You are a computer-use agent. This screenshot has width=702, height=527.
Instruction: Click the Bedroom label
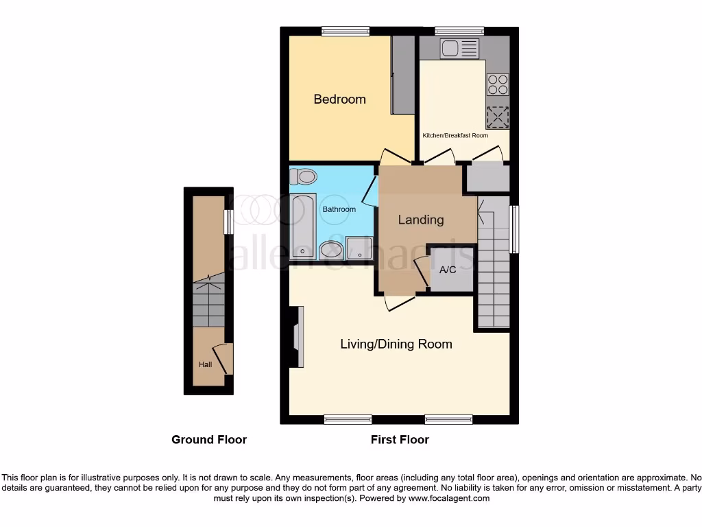[339, 99]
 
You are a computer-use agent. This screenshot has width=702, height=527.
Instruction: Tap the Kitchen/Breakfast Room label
[455, 136]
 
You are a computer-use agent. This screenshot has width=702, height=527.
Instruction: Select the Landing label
[421, 220]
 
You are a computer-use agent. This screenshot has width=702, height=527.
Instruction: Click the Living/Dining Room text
[396, 344]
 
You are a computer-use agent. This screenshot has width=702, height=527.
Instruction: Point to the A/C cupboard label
[448, 270]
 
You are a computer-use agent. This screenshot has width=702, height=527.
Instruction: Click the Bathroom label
[339, 209]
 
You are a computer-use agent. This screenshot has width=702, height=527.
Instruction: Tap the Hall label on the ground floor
[205, 364]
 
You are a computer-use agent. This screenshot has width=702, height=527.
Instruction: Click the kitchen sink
[459, 48]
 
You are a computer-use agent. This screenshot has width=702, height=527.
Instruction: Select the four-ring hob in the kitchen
[498, 84]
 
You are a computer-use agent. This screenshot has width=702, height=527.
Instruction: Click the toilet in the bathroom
[303, 177]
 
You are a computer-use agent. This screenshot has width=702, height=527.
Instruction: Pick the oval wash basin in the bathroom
[330, 250]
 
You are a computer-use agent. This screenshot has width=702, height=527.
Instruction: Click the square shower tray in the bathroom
[359, 249]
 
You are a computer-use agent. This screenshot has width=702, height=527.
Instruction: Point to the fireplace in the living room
[298, 337]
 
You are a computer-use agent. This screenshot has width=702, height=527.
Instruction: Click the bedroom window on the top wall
[346, 30]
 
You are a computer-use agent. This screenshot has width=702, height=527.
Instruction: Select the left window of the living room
[348, 419]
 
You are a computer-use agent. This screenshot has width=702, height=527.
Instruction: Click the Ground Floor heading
[209, 439]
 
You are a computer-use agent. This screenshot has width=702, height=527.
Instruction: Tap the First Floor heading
[400, 439]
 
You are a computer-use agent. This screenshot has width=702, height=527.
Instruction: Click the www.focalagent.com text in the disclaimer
[448, 498]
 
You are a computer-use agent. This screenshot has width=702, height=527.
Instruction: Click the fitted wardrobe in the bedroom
[402, 75]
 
